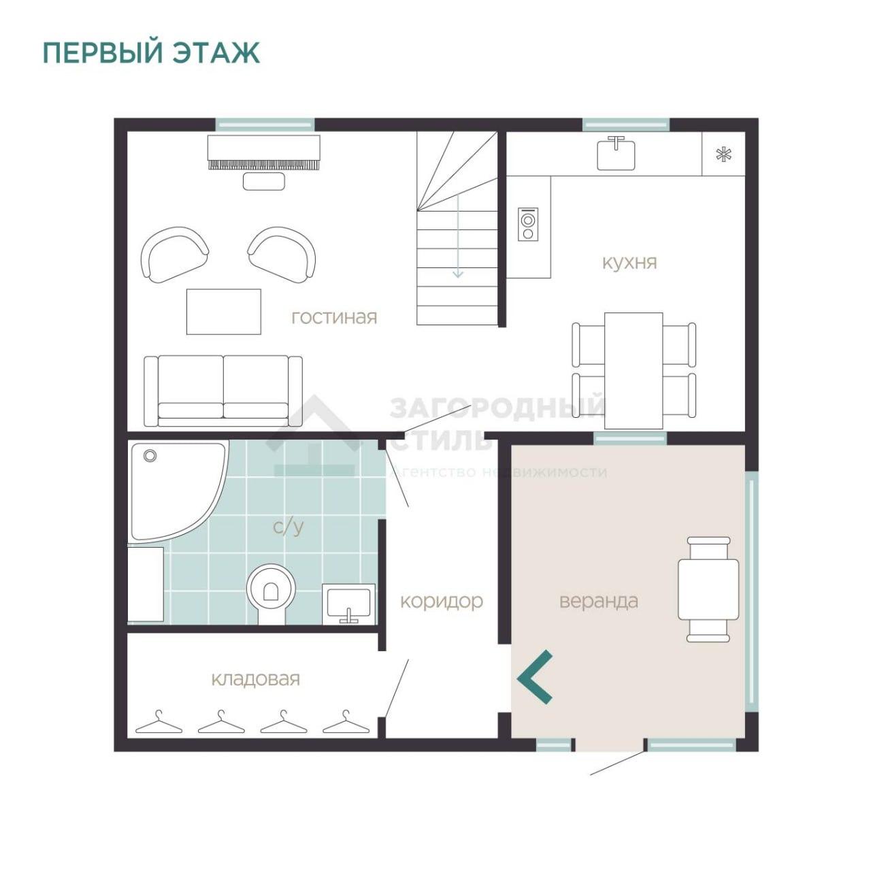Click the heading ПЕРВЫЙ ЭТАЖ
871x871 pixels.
(151, 52)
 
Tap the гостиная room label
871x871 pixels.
(334, 317)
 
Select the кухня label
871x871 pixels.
(629, 262)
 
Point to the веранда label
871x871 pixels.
(598, 601)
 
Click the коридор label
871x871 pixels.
(442, 602)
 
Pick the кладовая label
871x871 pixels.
(255, 679)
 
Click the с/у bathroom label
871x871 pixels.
(289, 526)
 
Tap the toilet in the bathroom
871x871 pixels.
(270, 593)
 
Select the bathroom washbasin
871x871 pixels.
(348, 604)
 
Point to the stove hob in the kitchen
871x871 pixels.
(528, 225)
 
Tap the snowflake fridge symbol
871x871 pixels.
(723, 154)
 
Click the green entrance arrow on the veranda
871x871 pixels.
(535, 677)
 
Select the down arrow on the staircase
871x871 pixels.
(459, 235)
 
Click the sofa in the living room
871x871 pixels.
(223, 391)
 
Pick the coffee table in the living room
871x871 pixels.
(224, 312)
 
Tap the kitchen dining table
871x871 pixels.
(634, 370)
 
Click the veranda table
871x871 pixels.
(708, 590)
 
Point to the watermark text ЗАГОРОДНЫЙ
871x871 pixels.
(497, 406)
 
